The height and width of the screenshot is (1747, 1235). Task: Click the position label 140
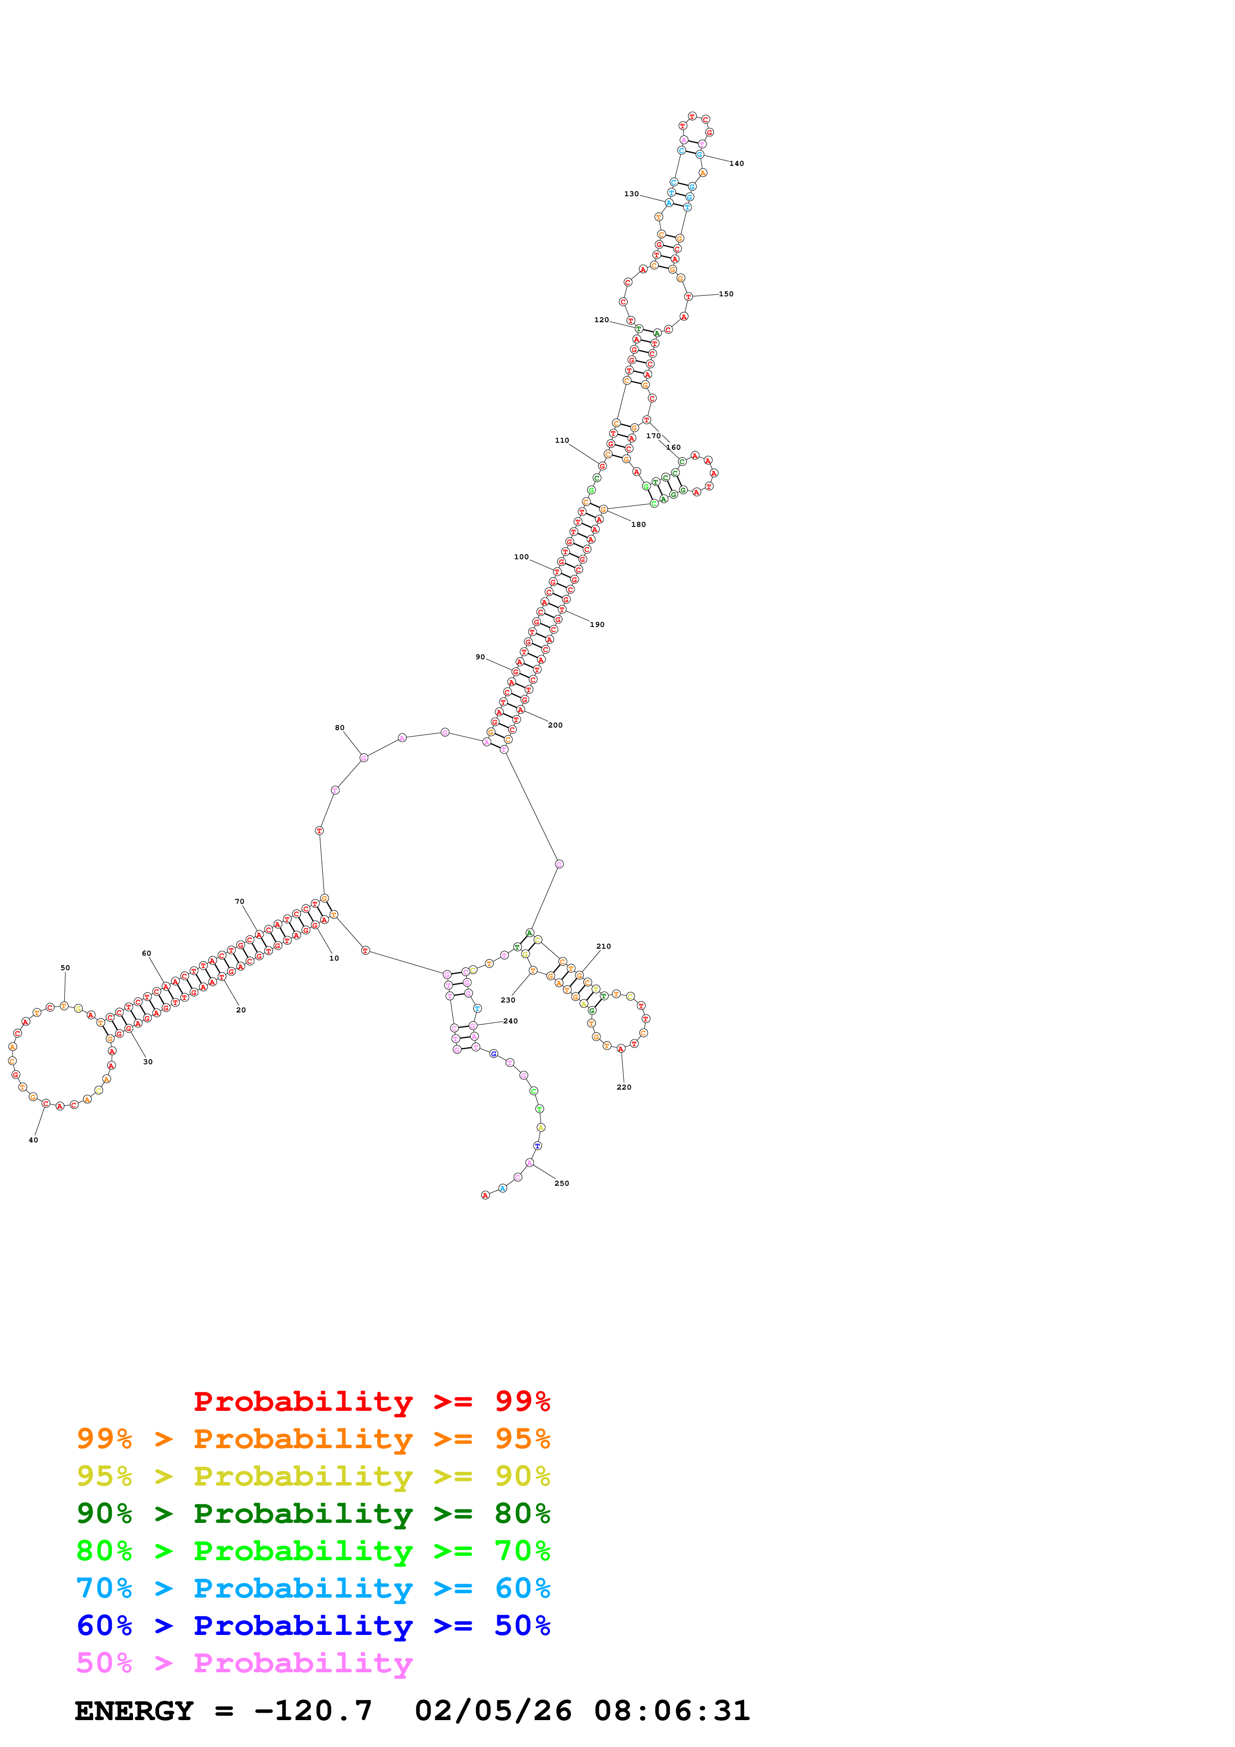point(737,163)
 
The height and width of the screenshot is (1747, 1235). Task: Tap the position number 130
point(632,194)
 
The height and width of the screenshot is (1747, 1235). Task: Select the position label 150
point(727,294)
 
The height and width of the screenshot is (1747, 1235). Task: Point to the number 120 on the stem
point(601,320)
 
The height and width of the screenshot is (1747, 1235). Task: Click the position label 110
point(561,441)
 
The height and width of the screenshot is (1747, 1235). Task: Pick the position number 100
point(521,557)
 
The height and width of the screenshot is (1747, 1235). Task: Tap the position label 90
point(480,657)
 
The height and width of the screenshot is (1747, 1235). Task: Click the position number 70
point(240,902)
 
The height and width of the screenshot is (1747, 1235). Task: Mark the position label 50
point(65,968)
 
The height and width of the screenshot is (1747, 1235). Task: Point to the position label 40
point(33,1140)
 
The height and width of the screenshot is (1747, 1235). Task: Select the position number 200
point(555,725)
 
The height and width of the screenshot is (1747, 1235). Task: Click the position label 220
point(624,1087)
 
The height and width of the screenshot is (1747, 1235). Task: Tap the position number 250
point(561,1183)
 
